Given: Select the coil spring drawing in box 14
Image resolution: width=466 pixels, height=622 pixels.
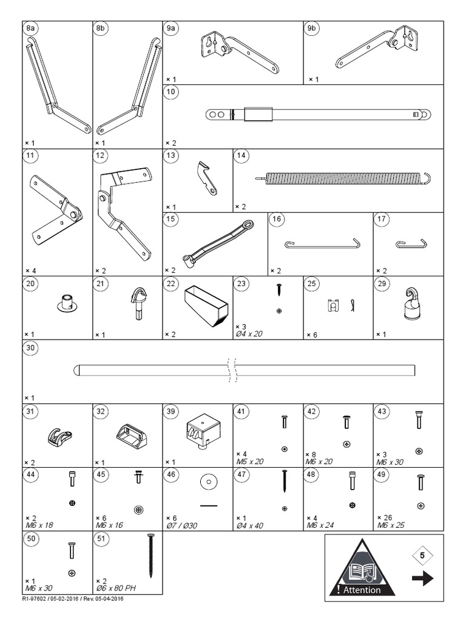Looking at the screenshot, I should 343,177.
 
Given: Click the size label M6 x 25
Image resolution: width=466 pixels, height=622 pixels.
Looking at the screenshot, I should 391,525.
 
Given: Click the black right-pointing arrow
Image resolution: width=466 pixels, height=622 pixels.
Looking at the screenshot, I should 423,579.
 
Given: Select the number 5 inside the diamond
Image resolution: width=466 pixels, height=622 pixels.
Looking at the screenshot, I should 423,555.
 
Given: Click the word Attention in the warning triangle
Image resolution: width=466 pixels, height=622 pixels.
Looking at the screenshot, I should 362,590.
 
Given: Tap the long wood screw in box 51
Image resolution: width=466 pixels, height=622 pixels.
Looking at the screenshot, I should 150,555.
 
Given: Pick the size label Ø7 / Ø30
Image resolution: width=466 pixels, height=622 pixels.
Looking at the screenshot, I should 182,525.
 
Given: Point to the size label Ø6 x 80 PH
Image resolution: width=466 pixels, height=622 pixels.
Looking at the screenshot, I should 116,589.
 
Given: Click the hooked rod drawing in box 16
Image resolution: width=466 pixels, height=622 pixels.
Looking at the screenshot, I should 319,244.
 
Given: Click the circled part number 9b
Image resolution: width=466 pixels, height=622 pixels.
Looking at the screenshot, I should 312,29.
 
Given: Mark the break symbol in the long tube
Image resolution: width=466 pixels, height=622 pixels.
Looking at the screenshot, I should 231,370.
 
